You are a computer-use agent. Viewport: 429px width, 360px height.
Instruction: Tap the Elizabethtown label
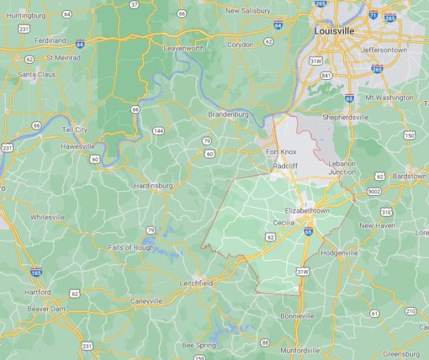pos(307,211)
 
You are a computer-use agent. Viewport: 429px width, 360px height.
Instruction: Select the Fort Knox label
pos(281,152)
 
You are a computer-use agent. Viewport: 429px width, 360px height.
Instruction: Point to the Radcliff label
pos(286,165)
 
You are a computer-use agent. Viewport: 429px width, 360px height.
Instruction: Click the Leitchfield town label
pos(196,284)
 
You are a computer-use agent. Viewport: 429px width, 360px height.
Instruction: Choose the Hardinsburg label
pos(154,185)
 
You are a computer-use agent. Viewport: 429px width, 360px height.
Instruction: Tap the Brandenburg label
pos(229,115)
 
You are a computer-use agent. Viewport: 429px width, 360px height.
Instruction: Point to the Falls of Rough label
pos(131,247)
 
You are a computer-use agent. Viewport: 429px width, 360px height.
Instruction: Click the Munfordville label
pos(300,350)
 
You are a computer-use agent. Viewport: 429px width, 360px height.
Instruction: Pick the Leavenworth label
pos(184,48)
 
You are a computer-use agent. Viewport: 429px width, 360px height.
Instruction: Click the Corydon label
pos(241,44)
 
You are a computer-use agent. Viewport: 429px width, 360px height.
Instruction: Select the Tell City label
pos(74,129)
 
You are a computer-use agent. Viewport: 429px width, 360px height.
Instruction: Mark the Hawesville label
pos(78,145)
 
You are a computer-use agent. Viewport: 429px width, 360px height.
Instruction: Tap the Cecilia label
pos(284,222)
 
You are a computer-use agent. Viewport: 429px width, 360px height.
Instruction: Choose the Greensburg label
pos(401,353)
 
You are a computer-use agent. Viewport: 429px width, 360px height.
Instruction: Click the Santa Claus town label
pos(36,74)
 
